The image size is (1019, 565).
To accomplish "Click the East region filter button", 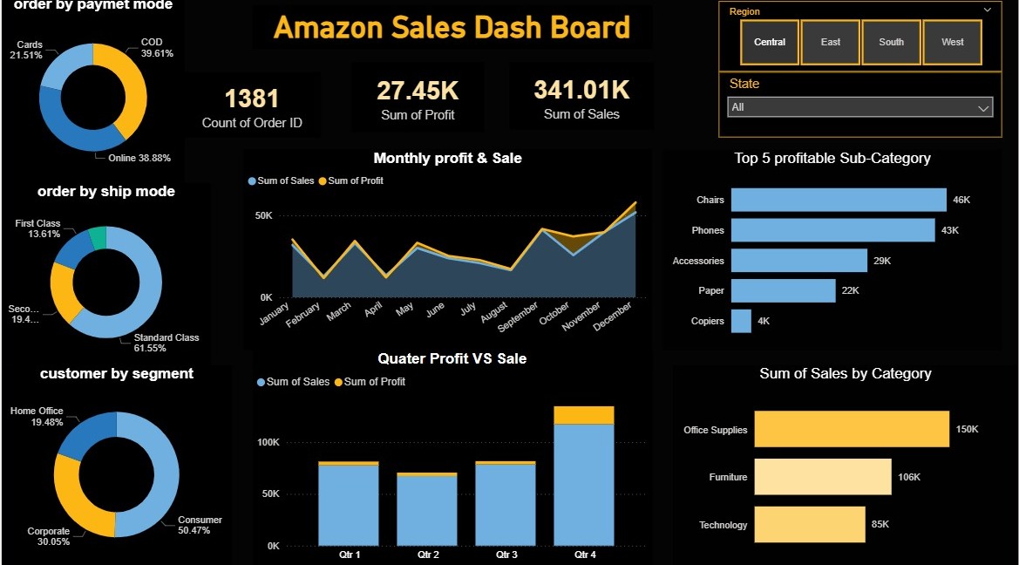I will click(831, 42).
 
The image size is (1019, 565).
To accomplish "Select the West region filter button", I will click(953, 42).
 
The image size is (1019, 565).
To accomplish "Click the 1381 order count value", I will click(252, 98).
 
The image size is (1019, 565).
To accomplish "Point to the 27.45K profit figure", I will click(418, 91).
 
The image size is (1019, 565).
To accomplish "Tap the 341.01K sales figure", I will click(581, 91).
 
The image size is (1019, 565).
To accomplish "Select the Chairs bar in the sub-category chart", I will click(838, 200).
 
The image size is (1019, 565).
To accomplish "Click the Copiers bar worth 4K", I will click(741, 321).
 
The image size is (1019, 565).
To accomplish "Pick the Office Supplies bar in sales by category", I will click(851, 430).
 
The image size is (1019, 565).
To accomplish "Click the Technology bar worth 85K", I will click(809, 525).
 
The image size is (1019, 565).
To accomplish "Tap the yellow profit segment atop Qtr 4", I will click(583, 415).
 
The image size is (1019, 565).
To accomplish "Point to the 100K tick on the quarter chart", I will click(268, 442).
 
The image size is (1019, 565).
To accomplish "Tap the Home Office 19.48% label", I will click(37, 416).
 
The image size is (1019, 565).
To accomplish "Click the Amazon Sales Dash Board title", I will click(452, 27).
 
